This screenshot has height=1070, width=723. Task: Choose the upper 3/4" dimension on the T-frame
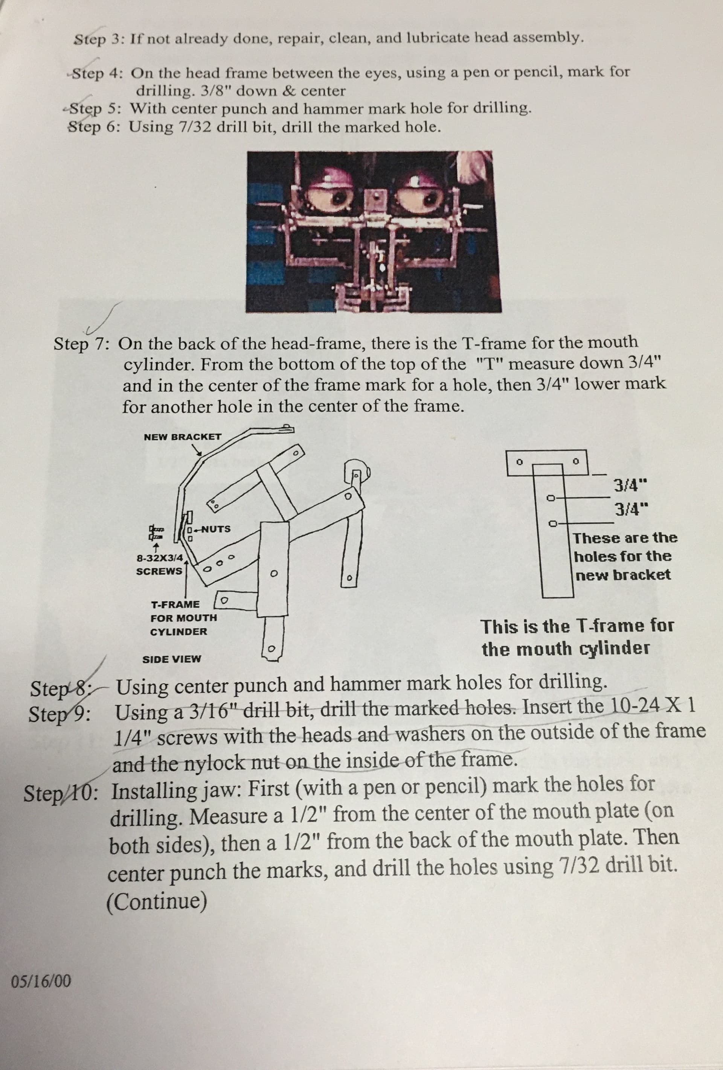[631, 485]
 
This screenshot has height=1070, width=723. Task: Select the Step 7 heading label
[81, 344]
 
